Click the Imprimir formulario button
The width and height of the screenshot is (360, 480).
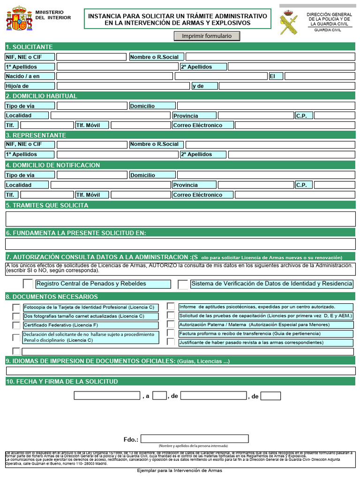point(207,36)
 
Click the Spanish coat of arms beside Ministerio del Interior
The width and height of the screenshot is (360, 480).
point(19,19)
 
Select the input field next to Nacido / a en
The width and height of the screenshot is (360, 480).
point(114,76)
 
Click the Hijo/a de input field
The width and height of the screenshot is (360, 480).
point(123,86)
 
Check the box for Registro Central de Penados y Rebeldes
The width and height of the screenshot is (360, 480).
point(28,284)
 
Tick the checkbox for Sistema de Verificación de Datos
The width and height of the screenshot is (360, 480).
point(183,284)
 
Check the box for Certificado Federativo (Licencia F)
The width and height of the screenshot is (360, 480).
point(16,325)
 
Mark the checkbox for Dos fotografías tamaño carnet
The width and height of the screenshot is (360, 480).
point(16,316)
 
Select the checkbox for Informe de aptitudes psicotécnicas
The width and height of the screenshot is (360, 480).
point(171,307)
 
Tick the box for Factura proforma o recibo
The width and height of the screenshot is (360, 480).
point(171,333)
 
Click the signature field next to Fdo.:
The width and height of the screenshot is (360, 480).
point(195,439)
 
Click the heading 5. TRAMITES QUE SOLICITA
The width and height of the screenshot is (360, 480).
point(47,205)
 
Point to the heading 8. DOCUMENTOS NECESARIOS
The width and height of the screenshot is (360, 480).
point(52,297)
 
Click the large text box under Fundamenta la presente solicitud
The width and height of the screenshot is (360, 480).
point(180,244)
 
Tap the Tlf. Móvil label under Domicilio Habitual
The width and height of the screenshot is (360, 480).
point(92,125)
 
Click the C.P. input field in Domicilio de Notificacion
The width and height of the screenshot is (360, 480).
point(334,185)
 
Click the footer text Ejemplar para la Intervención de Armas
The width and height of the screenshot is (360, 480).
point(180,470)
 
